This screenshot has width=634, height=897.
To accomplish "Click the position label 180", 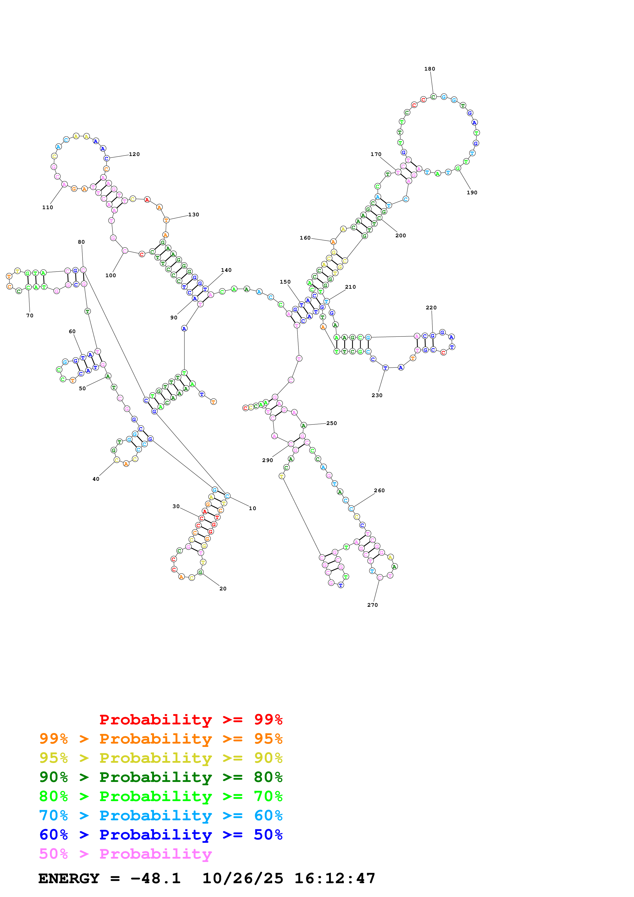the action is click(429, 69).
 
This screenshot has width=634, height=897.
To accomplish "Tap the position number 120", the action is click(134, 154).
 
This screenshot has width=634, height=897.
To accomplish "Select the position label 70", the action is click(30, 316).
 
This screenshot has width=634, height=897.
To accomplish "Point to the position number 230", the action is click(377, 395).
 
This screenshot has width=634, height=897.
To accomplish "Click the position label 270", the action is click(372, 605).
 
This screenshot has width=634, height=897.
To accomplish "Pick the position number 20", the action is click(223, 589).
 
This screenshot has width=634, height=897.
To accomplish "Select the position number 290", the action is click(268, 460).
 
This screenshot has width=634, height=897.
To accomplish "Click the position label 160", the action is click(305, 238).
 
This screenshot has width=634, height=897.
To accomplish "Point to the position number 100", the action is click(110, 275).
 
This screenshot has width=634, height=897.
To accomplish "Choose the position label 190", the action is click(472, 193).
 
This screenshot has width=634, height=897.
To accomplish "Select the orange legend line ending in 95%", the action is click(161, 739).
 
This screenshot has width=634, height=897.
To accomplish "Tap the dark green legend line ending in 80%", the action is click(161, 777).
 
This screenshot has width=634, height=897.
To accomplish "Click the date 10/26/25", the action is click(243, 879).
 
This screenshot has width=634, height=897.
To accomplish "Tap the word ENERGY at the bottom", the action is click(69, 879).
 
